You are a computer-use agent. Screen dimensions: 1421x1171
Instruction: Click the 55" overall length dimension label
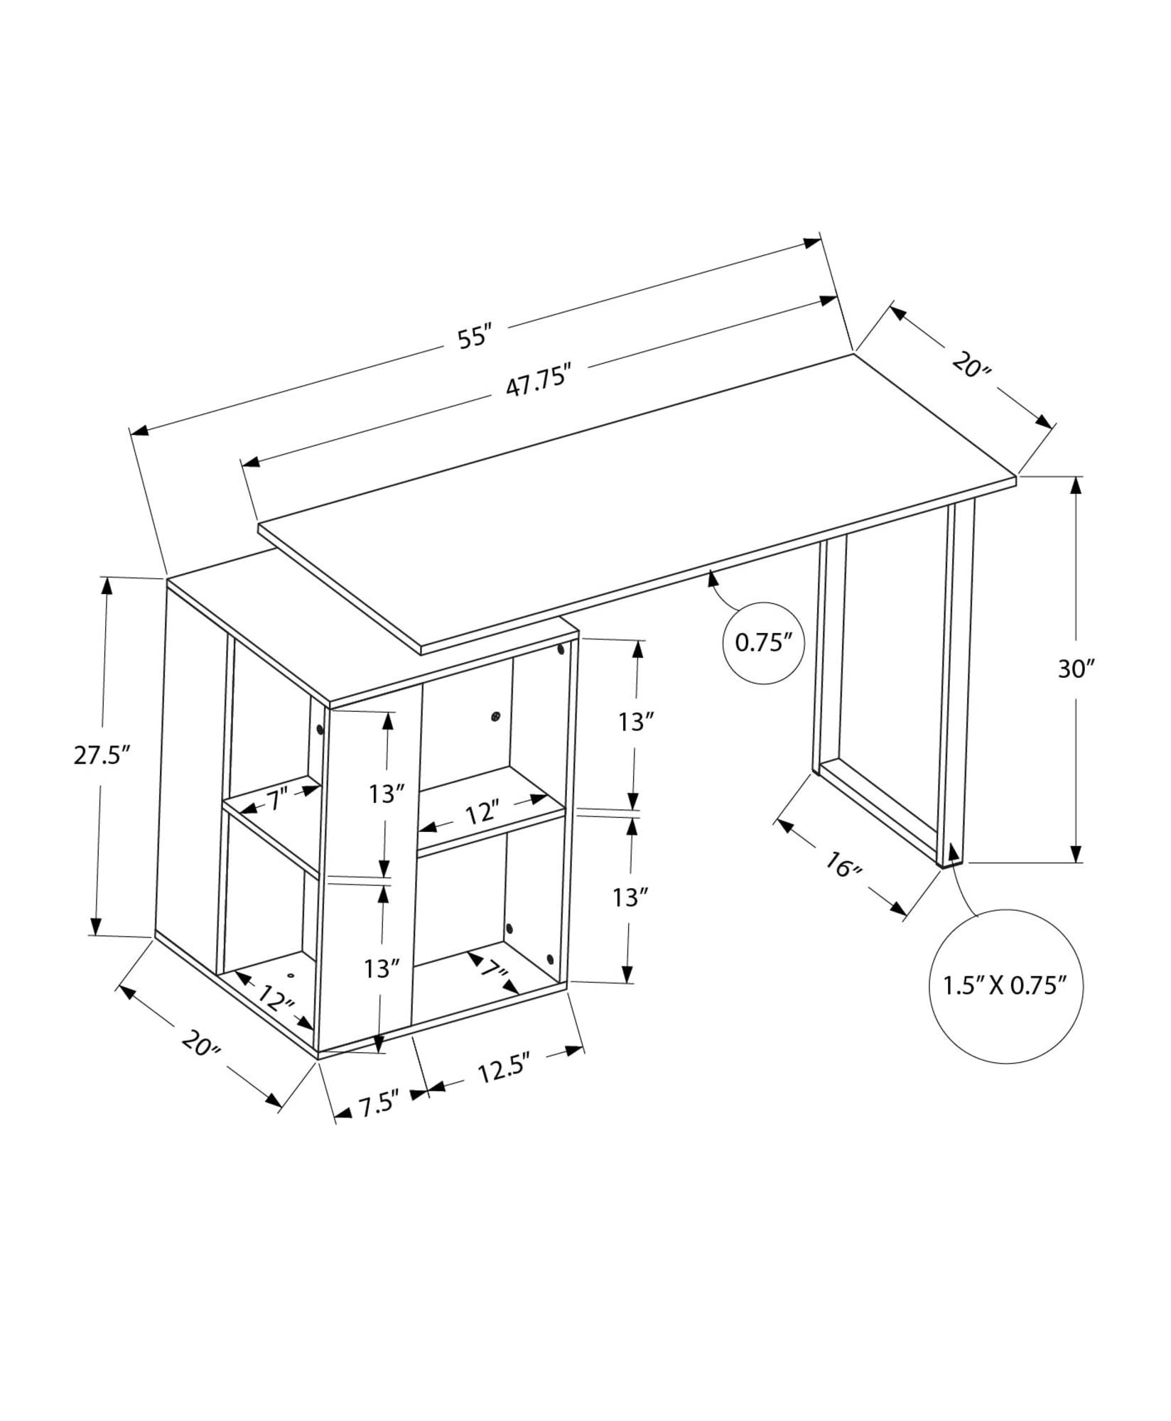[475, 336]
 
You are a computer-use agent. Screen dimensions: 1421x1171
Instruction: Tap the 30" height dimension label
[1076, 669]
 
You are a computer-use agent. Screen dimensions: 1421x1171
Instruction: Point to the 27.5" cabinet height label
[104, 755]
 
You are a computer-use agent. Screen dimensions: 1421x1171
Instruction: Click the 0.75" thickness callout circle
[763, 643]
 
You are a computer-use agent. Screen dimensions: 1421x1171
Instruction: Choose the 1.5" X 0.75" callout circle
[1005, 986]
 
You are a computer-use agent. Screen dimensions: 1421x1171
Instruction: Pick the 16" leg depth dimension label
[843, 865]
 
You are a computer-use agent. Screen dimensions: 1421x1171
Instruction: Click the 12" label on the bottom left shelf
[276, 999]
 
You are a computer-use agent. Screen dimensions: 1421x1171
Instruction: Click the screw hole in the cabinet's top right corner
[561, 649]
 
